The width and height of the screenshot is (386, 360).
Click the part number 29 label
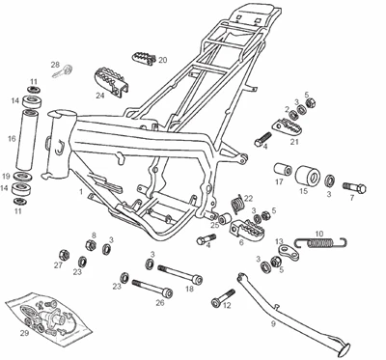(x=24, y=333)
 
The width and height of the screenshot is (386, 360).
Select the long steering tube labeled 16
(x=28, y=140)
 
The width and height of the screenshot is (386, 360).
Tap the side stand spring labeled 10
(x=321, y=242)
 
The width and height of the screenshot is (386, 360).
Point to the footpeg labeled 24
(x=111, y=81)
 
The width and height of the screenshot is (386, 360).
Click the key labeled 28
(x=63, y=71)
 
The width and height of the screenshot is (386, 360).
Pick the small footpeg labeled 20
(x=144, y=58)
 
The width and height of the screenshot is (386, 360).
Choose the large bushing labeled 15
(x=308, y=176)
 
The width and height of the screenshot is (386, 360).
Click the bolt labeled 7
(x=355, y=187)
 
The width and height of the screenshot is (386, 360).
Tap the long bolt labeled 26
(x=152, y=288)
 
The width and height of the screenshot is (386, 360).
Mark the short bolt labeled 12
(x=223, y=297)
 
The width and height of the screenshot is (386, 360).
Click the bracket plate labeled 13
(x=289, y=253)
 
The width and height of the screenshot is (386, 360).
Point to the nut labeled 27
(x=65, y=255)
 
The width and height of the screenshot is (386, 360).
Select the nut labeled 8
(x=91, y=245)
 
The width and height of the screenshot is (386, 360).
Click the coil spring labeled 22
(x=237, y=205)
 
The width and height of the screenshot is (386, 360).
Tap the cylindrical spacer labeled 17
(x=283, y=170)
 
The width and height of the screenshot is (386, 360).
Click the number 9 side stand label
(x=273, y=323)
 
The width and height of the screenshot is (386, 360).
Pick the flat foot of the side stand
(x=343, y=349)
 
